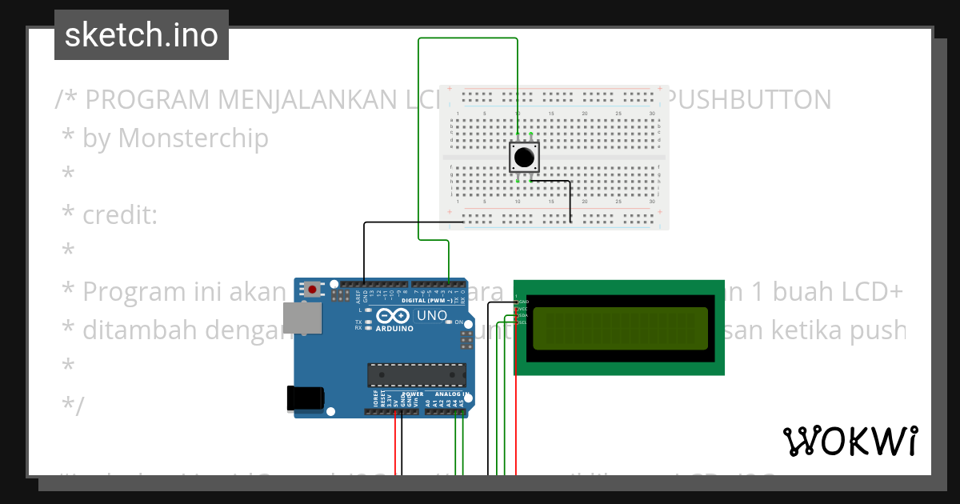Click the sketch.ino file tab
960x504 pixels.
click(x=141, y=35)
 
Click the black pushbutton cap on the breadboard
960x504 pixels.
click(x=523, y=157)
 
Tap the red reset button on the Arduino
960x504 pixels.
click(x=312, y=287)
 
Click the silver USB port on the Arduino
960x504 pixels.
click(x=306, y=318)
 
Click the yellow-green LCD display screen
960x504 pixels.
click(x=620, y=329)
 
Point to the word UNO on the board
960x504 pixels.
click(x=432, y=316)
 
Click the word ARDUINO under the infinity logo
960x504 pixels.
click(x=394, y=329)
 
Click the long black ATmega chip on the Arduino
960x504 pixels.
click(x=416, y=374)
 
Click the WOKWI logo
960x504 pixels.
click(x=850, y=441)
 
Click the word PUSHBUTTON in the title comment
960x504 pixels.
click(x=750, y=100)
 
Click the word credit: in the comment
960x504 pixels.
click(x=120, y=215)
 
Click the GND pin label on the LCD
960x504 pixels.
click(x=524, y=302)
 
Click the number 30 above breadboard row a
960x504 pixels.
click(x=653, y=114)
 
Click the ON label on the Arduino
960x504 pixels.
click(x=459, y=322)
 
